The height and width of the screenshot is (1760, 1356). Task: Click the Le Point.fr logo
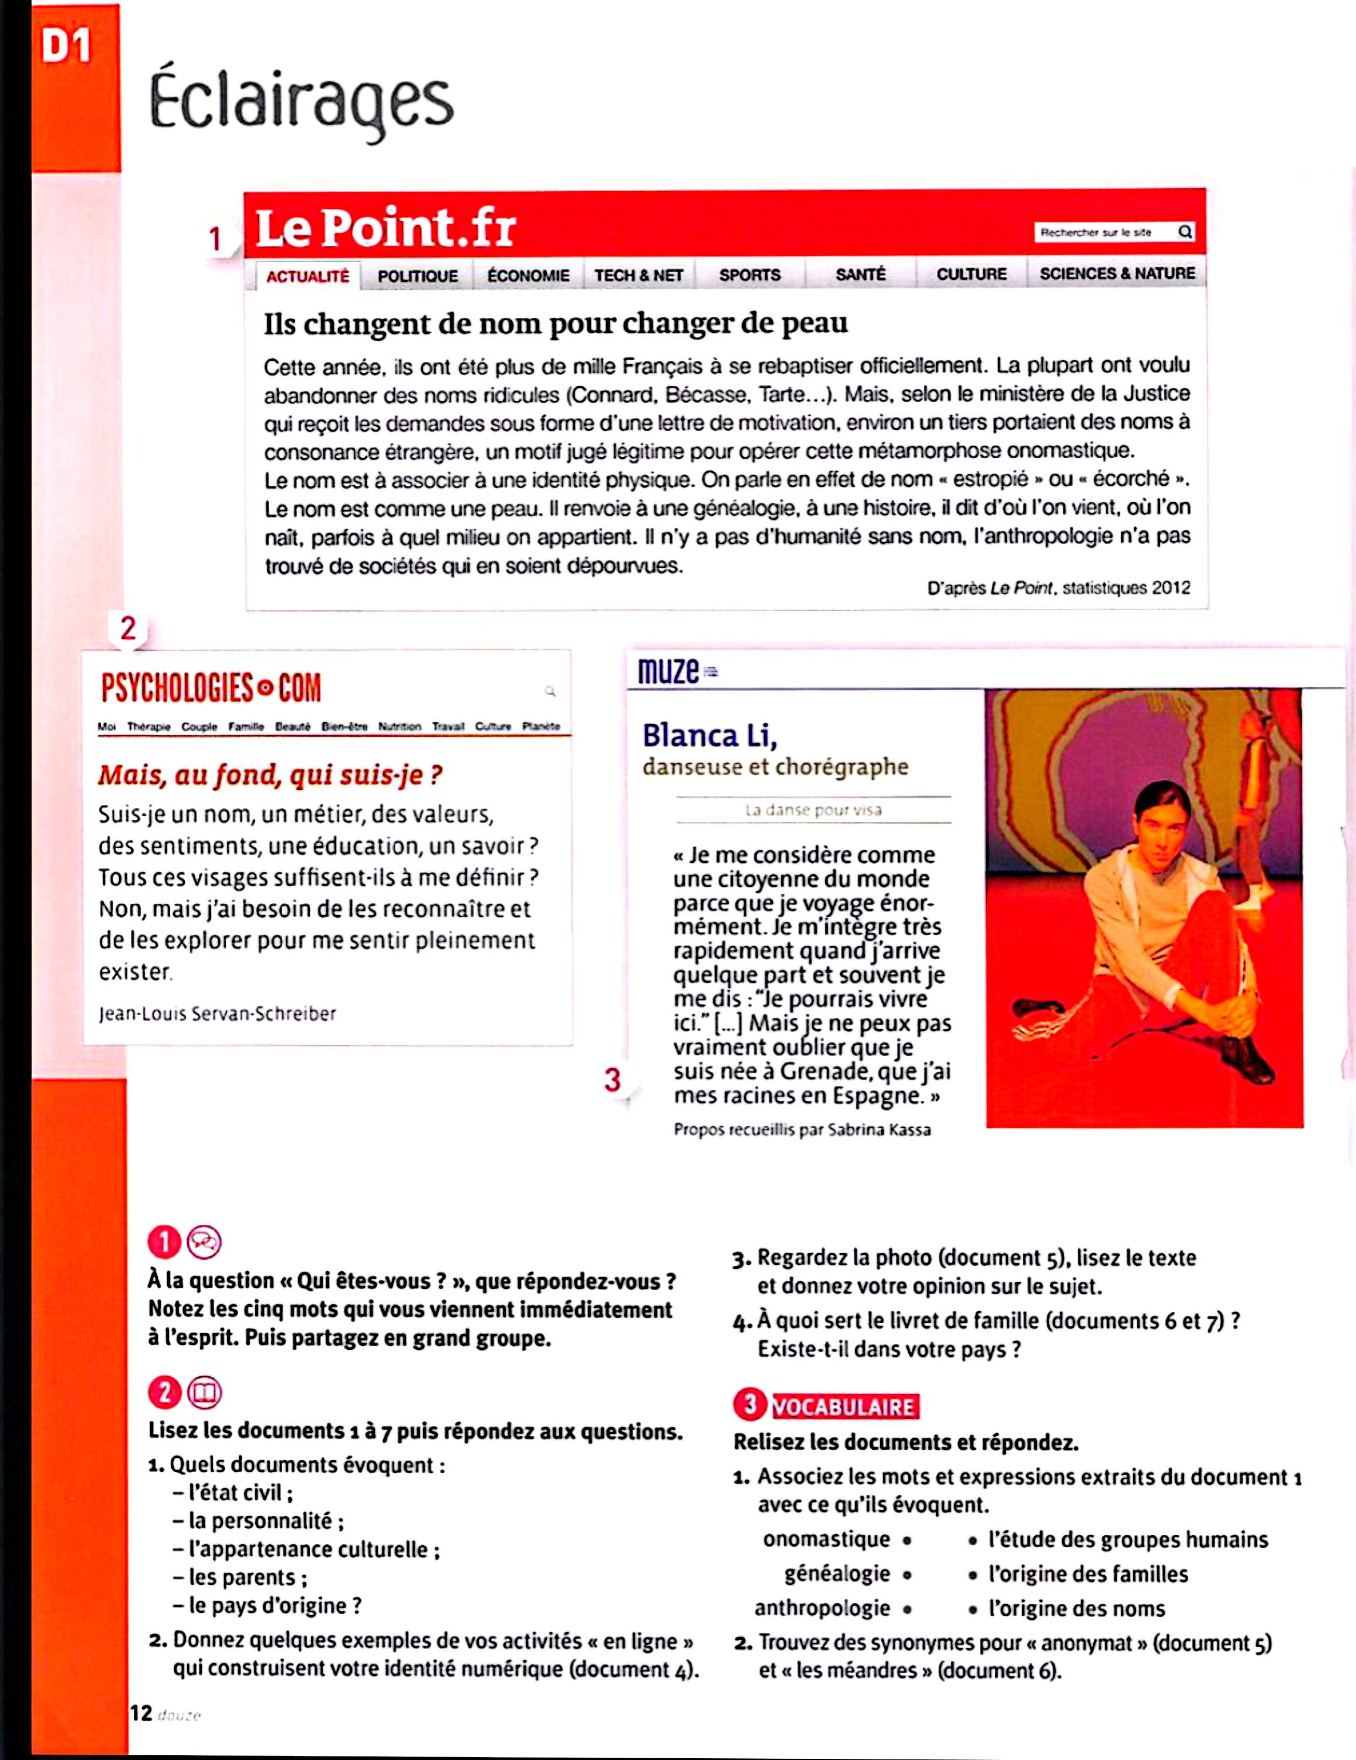386,228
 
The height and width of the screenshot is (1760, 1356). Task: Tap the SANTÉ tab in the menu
860,274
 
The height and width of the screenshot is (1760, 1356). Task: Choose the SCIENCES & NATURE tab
1117,273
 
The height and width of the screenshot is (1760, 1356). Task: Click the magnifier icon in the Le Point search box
1184,232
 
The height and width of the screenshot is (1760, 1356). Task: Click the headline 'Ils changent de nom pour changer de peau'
556,323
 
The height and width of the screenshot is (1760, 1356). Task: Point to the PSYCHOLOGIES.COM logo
211,688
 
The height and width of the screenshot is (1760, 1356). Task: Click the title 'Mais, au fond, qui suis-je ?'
270,774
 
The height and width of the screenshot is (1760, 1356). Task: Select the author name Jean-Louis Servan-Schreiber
217,1014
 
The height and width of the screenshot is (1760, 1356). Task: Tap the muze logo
669,671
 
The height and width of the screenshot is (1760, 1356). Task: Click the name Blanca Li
709,735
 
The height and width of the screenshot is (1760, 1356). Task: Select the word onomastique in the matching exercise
826,1539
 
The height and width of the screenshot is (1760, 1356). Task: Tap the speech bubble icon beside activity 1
204,1242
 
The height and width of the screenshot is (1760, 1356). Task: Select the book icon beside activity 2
204,1393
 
